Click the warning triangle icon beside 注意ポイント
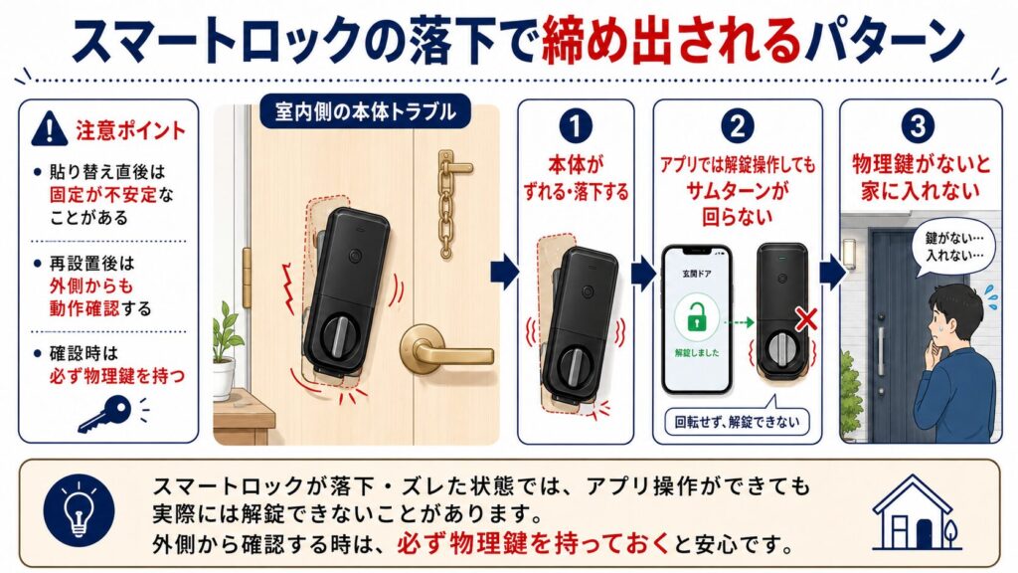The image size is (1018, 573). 50,128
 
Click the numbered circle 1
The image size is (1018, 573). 576,126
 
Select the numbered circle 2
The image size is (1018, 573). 738,126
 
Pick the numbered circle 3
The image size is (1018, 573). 918,126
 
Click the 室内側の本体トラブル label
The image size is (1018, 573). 365,111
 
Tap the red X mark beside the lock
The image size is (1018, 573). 806,319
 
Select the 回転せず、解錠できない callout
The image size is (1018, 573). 737,422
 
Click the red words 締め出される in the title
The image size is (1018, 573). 671,41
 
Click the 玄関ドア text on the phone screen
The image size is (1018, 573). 696,275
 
